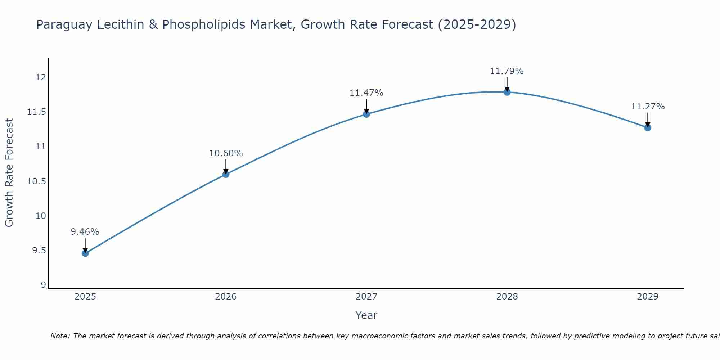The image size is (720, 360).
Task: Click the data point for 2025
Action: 85,253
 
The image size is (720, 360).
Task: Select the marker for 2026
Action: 226,174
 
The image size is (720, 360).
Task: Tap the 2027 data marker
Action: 366,114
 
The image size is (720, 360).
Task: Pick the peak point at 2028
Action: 507,92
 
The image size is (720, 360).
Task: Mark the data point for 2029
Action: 648,127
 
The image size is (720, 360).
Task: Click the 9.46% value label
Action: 85,232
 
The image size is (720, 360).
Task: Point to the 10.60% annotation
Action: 226,153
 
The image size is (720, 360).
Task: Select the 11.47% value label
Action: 366,93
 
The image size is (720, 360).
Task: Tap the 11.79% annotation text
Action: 507,71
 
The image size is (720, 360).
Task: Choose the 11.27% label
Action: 648,107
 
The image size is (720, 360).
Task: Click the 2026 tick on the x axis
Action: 226,297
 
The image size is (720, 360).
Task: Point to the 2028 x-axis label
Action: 507,297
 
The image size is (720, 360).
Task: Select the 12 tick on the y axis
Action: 41,77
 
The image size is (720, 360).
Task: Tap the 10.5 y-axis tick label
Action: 37,181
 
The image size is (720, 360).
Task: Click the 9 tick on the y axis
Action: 44,285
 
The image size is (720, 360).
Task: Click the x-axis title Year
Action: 366,315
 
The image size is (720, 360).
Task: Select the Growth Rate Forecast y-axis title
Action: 9,173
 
